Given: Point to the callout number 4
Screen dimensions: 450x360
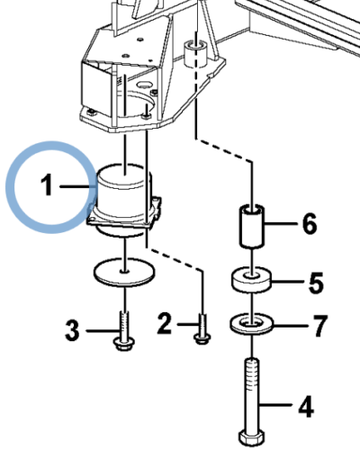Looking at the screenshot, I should point(306,408).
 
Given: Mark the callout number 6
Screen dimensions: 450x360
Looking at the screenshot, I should point(309,224).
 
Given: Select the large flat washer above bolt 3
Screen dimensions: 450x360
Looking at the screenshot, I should point(121,272).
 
